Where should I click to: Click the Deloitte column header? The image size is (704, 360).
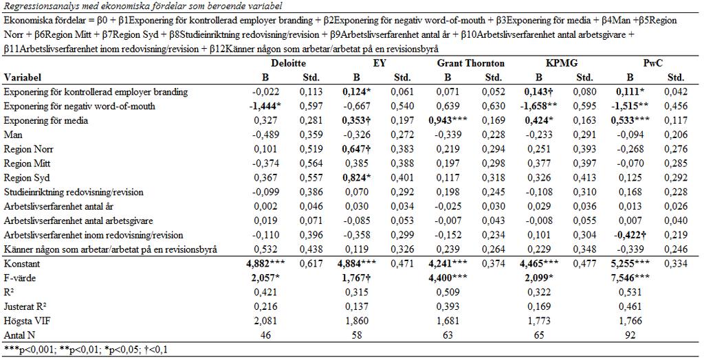pos(289,63)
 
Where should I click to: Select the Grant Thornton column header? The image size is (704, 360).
pos(470,63)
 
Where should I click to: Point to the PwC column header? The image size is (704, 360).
pos(652,63)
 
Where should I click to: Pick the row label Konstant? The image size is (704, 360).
pos(22,264)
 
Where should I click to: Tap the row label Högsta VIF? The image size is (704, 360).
pos(27,322)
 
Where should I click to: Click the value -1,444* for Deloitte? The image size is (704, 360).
pos(265,106)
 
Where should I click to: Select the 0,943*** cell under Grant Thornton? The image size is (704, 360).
pos(448,121)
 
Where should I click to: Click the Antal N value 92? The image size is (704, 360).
pos(630,336)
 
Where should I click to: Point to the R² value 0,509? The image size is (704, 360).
pos(448,293)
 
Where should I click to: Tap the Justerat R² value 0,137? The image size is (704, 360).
pos(357,307)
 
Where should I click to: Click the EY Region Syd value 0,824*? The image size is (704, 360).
pos(357,178)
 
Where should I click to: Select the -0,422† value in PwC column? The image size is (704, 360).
pos(630,235)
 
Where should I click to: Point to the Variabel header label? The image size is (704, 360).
pos(23,78)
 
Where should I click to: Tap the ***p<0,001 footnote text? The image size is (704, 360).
pos(24,349)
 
